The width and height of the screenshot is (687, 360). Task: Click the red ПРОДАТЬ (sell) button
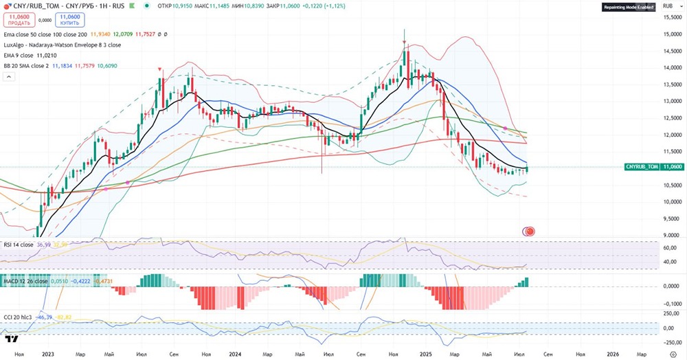[x=19, y=20]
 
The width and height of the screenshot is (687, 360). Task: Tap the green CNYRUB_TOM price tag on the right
[x=642, y=167]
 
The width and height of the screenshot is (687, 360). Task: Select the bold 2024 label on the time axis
[x=235, y=354]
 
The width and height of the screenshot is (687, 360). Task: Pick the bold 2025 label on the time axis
[x=425, y=354]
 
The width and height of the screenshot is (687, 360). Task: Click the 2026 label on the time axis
[x=614, y=354]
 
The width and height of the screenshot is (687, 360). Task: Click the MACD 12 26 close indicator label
[x=26, y=281]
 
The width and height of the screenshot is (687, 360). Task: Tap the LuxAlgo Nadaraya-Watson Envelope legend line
[x=62, y=45]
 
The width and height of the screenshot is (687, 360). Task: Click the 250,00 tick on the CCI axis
[x=671, y=313]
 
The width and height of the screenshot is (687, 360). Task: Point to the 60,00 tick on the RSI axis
[x=671, y=247]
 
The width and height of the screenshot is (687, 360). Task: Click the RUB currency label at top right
[x=668, y=6]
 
